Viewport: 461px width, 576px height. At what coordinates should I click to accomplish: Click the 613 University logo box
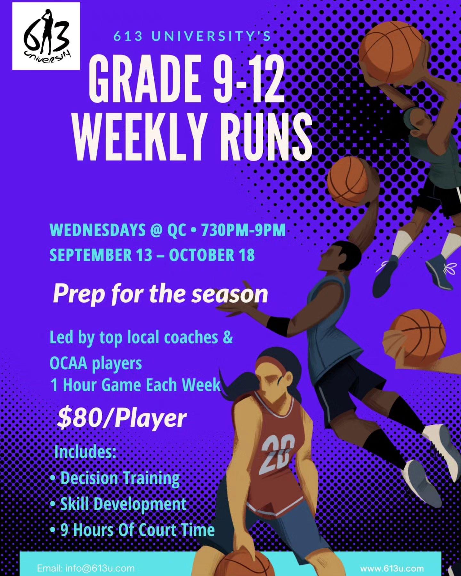46,36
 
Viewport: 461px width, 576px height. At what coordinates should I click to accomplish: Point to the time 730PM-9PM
243,230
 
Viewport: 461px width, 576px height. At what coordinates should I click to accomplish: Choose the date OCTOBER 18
212,255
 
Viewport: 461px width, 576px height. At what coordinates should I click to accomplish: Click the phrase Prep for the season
160,294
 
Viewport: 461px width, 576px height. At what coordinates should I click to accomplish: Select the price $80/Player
122,419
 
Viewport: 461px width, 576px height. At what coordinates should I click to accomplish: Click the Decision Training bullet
115,478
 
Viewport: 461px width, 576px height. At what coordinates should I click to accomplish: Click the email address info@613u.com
86,568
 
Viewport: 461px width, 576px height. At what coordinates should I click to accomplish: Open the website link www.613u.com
392,568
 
